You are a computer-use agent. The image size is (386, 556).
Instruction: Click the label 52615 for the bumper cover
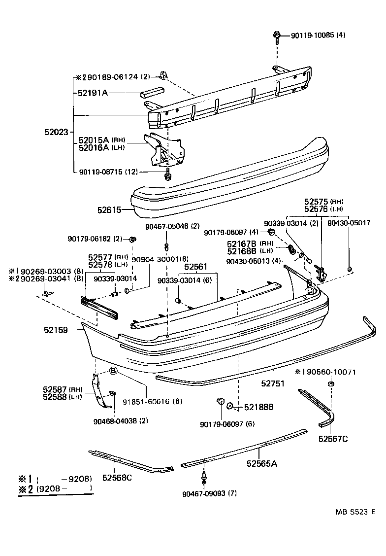109,209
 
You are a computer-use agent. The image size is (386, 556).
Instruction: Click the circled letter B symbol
113,371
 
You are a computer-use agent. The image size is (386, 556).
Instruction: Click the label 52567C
333,438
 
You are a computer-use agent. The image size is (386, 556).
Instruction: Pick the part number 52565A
262,463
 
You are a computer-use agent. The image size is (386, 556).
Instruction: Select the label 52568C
118,477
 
